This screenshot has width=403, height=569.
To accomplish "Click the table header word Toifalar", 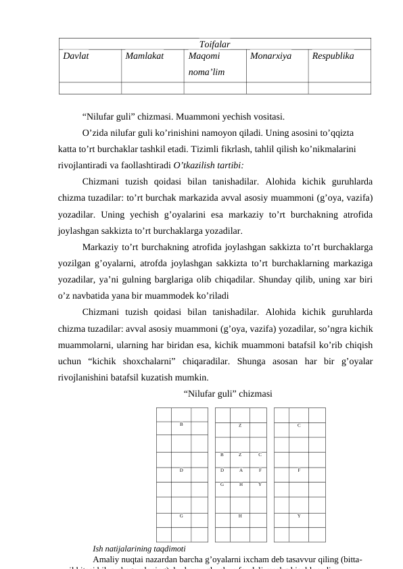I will tap(214, 44).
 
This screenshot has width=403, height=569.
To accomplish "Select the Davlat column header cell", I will tap(76, 57).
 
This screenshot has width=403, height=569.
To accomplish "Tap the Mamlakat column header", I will tap(144, 57).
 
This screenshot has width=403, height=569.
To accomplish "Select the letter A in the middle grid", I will tap(240, 469).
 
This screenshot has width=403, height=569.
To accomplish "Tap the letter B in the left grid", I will tap(181, 424).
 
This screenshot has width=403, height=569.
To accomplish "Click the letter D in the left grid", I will tap(181, 469).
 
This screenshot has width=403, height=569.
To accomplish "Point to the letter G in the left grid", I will tap(181, 515).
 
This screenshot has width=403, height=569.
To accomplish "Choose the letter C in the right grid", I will tap(299, 425).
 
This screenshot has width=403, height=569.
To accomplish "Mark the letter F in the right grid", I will tap(299, 469).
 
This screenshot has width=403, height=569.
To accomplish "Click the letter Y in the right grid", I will tap(299, 515).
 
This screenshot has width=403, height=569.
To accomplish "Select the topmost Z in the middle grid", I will tap(240, 425).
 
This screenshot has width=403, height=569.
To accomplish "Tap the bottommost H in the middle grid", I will tap(240, 515).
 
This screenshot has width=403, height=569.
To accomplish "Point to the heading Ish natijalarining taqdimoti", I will tap(139, 548).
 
